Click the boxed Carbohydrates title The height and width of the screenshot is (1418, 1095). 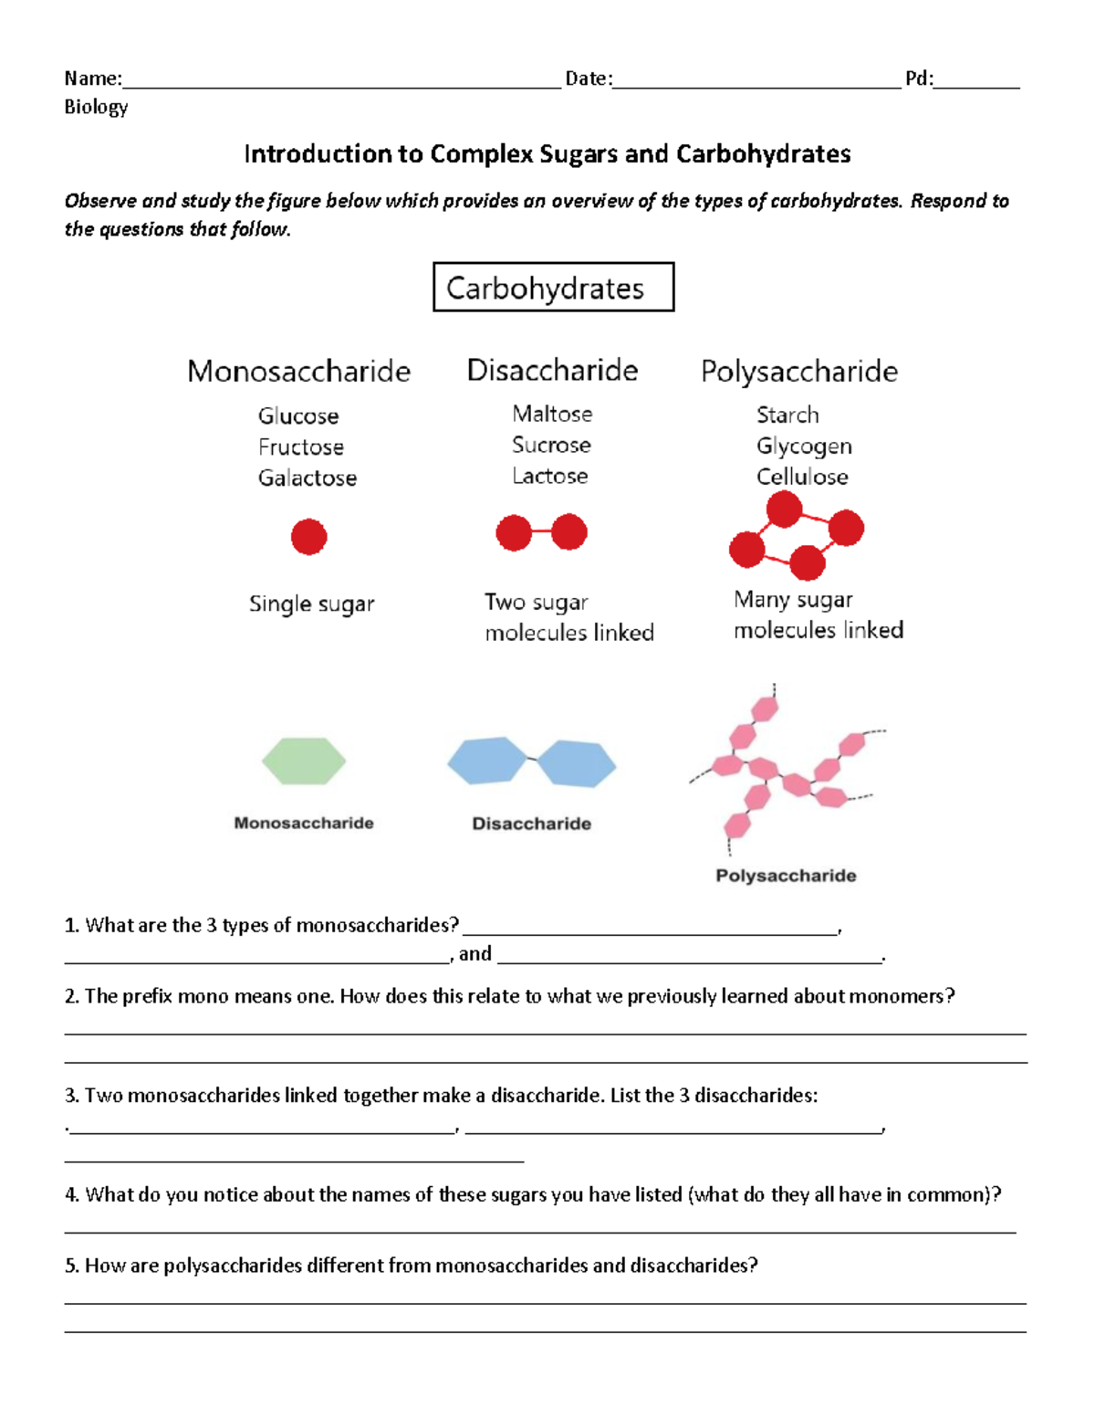tap(553, 288)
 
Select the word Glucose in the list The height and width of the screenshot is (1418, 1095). tap(298, 416)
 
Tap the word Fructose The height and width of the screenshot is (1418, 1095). tap(301, 447)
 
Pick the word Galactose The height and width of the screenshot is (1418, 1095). tap(308, 478)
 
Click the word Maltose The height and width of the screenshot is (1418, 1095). tap(552, 415)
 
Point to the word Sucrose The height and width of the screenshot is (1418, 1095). tap(551, 446)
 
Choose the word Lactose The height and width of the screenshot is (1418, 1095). tap(550, 477)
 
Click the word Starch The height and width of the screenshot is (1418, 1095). tap(787, 415)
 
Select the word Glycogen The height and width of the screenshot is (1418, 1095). tap(804, 446)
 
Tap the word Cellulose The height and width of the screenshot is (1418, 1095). tap(802, 477)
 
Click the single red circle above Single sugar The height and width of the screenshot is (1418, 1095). tap(308, 537)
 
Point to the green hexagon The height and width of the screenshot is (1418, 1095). tap(304, 761)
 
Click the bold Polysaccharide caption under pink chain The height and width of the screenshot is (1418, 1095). tap(786, 876)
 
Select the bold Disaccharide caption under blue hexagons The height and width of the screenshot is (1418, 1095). tap(531, 824)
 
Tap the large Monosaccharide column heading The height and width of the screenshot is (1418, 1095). tap(298, 372)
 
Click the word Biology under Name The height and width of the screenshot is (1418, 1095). tap(96, 108)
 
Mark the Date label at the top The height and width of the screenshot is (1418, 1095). tap(587, 79)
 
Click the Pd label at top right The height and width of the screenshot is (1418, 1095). tap(918, 79)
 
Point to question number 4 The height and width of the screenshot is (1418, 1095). tap(72, 1195)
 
